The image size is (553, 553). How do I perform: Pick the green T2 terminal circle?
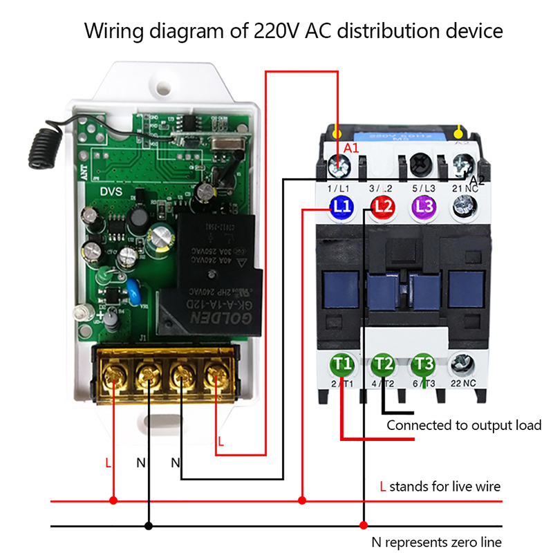click(x=384, y=363)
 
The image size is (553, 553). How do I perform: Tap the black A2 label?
click(x=477, y=179)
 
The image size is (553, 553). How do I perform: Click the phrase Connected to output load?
click(x=464, y=425)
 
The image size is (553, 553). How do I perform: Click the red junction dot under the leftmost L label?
click(x=114, y=500)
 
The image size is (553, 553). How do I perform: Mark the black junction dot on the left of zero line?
click(x=148, y=526)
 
